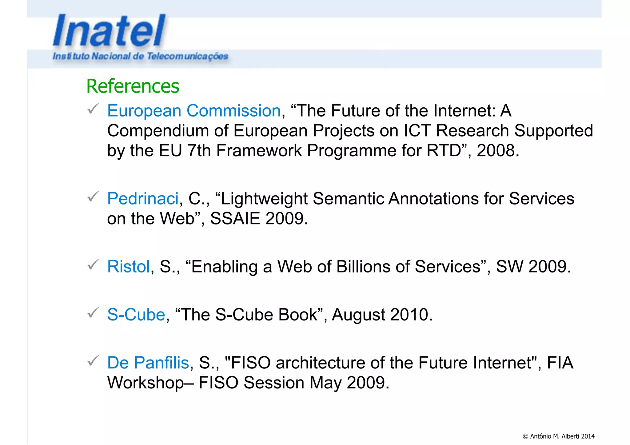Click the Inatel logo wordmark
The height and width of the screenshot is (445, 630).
click(x=109, y=31)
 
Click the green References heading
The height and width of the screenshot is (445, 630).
click(x=133, y=86)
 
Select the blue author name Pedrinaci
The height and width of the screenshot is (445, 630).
click(x=143, y=199)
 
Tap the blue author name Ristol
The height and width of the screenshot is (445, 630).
click(x=128, y=267)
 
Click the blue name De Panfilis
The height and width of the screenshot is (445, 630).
click(x=148, y=363)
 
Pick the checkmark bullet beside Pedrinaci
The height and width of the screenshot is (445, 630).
click(x=93, y=197)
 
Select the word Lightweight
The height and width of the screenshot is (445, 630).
click(x=264, y=199)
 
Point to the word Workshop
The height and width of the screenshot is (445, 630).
click(x=145, y=383)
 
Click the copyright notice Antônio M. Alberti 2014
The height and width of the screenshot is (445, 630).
click(x=558, y=436)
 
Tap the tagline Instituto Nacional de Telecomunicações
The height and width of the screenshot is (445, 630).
click(x=140, y=56)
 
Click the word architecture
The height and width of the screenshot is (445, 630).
click(x=320, y=363)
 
